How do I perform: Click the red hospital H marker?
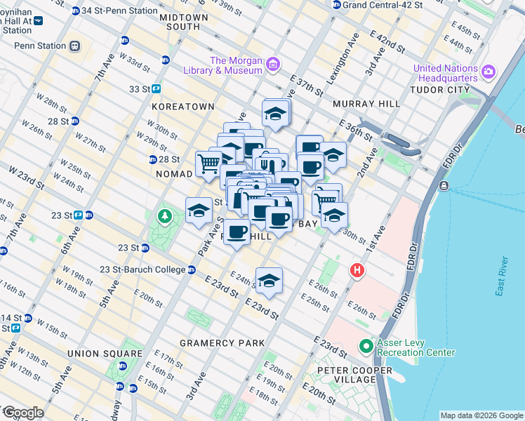click(x=358, y=269)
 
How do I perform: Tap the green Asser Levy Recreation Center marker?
click(x=366, y=347)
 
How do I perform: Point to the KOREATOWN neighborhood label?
click(x=182, y=107)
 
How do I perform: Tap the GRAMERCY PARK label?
click(x=222, y=343)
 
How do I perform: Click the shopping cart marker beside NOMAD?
click(x=208, y=165)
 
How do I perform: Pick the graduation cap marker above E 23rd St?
click(x=269, y=281)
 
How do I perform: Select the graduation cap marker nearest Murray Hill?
click(x=276, y=113)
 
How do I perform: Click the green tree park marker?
click(x=165, y=216)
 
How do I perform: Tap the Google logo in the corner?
click(x=22, y=413)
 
